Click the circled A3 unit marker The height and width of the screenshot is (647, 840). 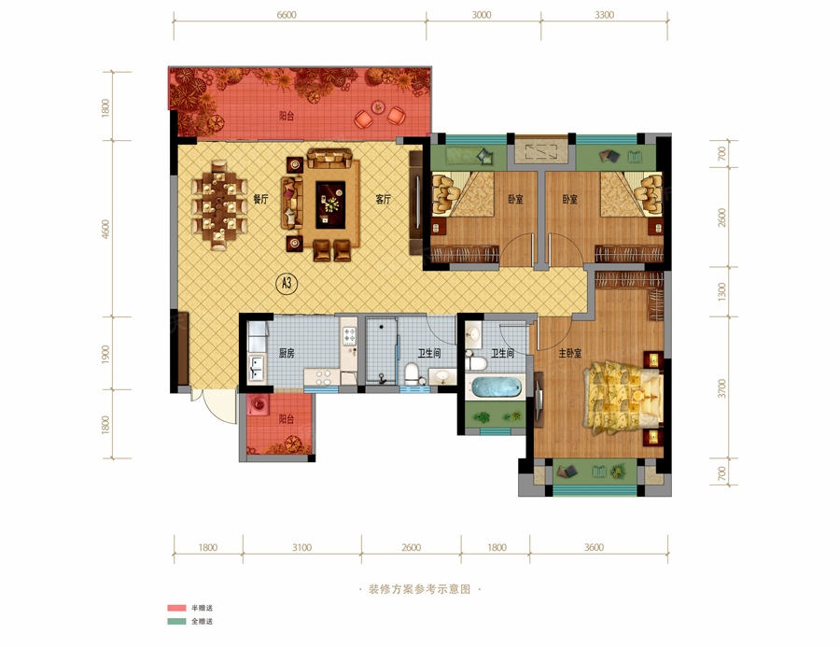click(287, 283)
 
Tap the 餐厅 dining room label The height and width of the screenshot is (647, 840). click(261, 200)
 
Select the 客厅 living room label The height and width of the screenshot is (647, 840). click(383, 200)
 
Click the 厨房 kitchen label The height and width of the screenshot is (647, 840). click(287, 353)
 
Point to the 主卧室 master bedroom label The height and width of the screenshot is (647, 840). click(570, 353)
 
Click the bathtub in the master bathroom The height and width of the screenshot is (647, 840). click(495, 387)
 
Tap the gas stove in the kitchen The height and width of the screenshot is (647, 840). click(349, 335)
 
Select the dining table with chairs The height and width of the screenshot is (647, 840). click(219, 205)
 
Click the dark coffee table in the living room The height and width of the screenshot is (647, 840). click(330, 204)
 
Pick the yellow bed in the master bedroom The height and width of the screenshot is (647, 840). click(623, 397)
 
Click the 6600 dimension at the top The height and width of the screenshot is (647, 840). click(287, 15)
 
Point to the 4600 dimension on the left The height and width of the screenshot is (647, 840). click(105, 230)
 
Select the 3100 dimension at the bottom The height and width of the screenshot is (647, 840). click(301, 547)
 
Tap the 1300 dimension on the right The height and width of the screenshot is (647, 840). click(721, 291)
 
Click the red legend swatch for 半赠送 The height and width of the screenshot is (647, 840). click(176, 608)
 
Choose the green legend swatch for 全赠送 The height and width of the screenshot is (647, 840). click(176, 622)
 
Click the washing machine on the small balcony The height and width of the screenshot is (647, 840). click(259, 403)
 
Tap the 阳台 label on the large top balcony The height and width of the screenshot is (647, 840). click(287, 116)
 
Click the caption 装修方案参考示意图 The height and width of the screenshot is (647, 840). click(419, 589)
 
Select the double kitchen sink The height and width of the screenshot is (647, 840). click(257, 368)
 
